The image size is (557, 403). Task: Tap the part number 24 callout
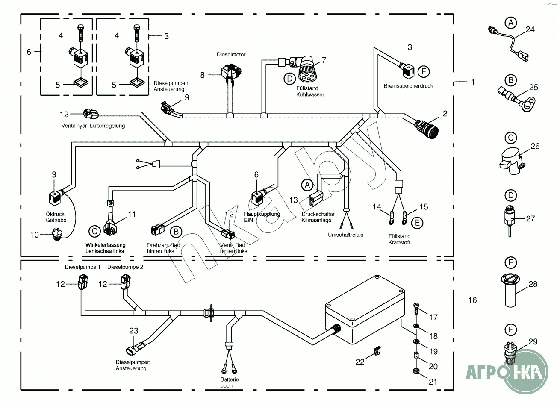pos(530,29)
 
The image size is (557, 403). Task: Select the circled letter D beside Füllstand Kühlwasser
pos(289,78)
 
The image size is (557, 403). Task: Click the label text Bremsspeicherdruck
pos(408,86)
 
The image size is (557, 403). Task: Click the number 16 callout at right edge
pos(472,300)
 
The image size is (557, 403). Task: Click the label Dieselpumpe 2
pos(125,267)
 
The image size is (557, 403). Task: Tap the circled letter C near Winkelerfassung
pos(94,231)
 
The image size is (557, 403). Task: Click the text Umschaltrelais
pos(345,235)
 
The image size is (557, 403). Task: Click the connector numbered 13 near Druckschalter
pos(316,198)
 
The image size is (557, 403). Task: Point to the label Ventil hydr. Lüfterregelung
pos(93,126)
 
